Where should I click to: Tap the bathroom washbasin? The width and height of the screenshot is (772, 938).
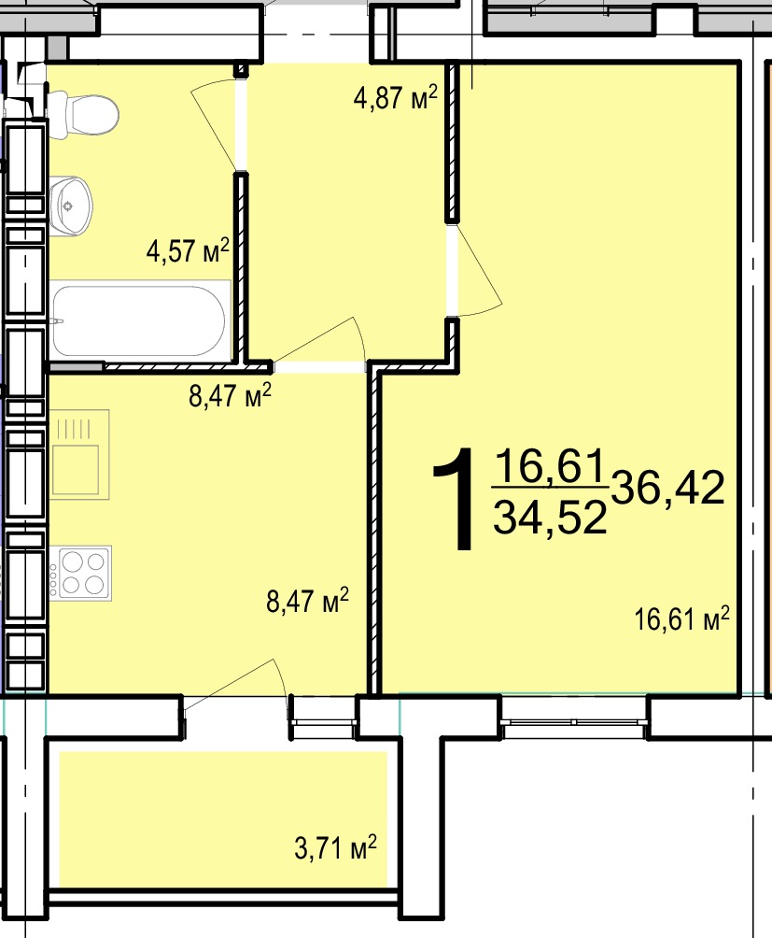[x=71, y=206]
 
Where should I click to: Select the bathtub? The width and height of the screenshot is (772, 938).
[x=140, y=321]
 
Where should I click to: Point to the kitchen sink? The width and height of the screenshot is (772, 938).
[x=80, y=455]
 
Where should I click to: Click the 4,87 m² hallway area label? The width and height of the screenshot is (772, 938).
[x=396, y=97]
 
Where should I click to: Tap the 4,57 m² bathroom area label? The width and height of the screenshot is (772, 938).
[x=188, y=250]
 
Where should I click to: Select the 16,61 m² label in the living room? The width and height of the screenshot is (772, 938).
[x=681, y=618]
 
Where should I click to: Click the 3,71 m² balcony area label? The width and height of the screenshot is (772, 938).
[x=336, y=847]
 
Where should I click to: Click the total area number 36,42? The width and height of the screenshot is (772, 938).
[x=667, y=488]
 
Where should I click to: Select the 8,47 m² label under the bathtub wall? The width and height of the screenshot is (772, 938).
[x=231, y=395]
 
